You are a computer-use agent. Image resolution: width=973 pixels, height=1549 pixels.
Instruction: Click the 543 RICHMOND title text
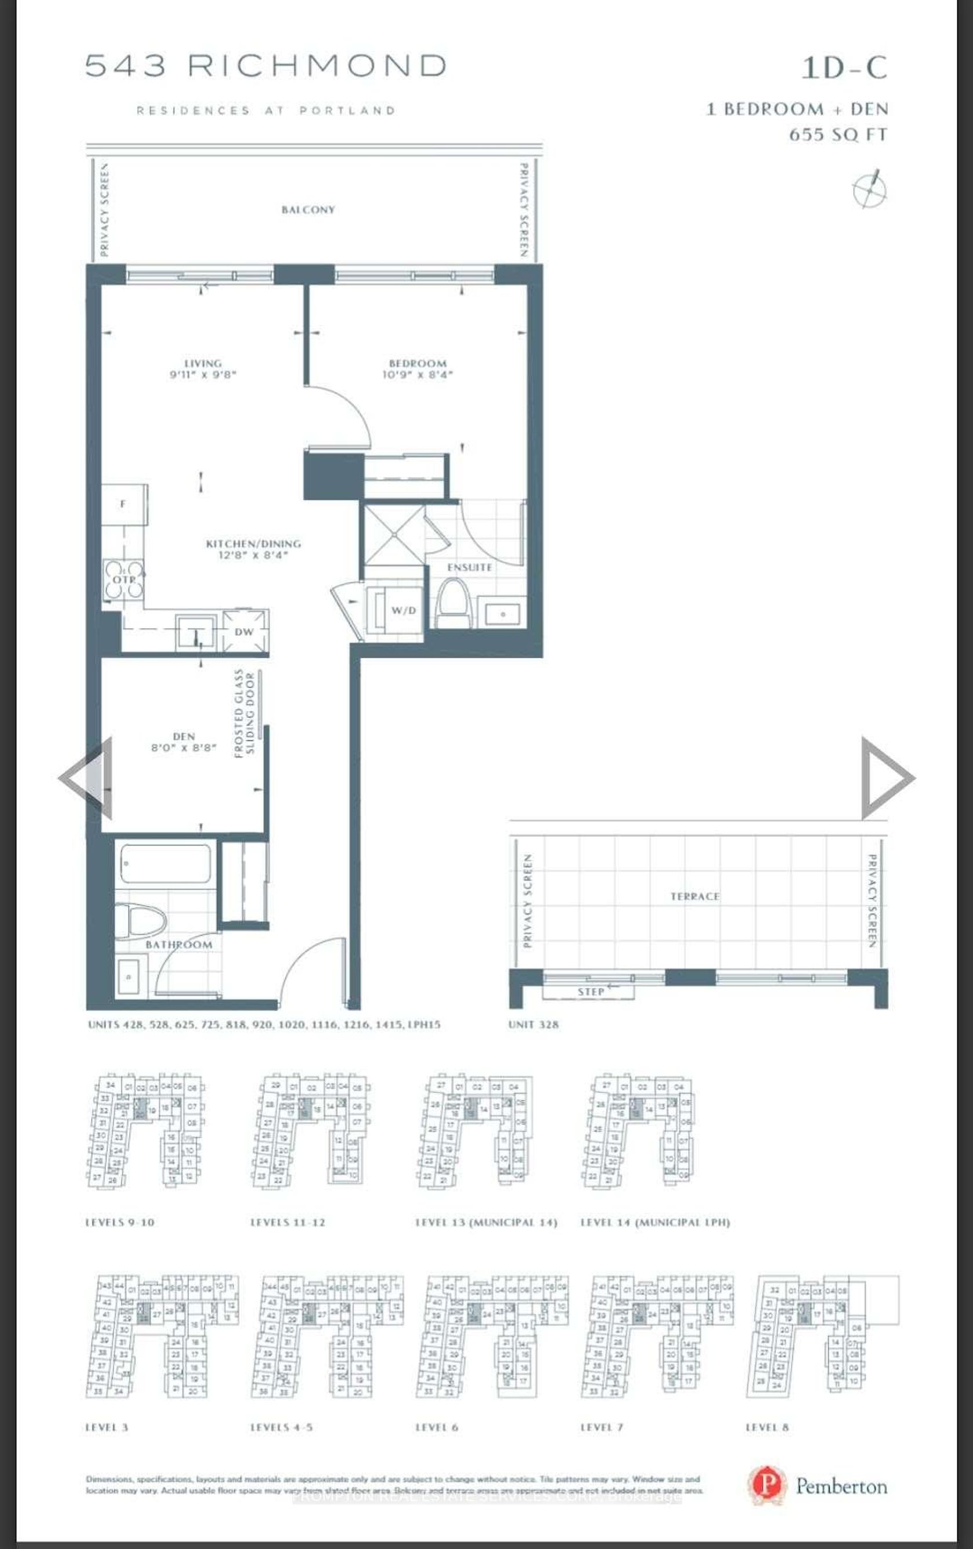pos(266,66)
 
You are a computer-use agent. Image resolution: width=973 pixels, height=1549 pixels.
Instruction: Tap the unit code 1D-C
pos(843,68)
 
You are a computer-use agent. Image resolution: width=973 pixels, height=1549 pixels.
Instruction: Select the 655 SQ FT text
pos(838,135)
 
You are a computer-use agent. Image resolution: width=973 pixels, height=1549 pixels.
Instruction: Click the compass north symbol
pos(869,188)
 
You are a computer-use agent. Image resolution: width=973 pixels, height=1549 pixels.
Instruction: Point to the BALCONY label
pos(308,210)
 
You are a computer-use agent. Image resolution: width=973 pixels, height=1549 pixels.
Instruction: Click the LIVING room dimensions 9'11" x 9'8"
pos(203,374)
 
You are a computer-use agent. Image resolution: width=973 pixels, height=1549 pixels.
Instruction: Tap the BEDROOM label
pos(418,363)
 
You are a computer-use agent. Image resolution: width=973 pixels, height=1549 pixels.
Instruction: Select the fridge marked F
pos(123,504)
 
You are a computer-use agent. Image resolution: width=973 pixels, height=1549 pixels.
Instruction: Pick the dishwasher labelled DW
pos(244,631)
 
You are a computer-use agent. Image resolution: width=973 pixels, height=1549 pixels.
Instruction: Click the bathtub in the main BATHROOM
pos(165,864)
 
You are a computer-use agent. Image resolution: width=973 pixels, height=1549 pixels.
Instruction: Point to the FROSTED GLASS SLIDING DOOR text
pos(244,713)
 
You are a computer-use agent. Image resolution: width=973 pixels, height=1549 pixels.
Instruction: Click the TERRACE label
pos(694,896)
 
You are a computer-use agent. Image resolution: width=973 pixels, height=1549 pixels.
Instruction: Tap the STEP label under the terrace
pos(590,992)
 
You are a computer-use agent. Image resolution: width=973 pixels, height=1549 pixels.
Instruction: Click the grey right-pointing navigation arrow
pos(886,778)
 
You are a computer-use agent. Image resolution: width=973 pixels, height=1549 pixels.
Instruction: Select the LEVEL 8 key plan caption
pos(767,1427)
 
